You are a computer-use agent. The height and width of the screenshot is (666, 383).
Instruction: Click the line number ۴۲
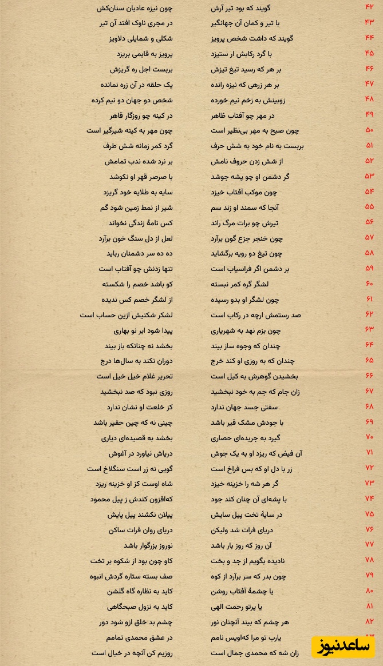point(369,7)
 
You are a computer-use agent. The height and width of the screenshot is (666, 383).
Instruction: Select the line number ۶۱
point(369,299)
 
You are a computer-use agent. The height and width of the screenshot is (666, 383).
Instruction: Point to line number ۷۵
point(369,514)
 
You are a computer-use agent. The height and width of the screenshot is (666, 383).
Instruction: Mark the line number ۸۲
point(369,621)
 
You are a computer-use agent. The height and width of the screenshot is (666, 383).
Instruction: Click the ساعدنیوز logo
point(343,646)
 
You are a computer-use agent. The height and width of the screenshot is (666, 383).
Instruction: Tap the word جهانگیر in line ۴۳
point(223,23)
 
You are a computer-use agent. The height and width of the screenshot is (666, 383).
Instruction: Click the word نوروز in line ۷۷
point(161,545)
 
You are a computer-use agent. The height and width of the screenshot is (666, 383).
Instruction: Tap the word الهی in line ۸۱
point(219,607)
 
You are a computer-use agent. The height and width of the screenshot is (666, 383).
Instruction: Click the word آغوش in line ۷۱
point(119,453)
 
